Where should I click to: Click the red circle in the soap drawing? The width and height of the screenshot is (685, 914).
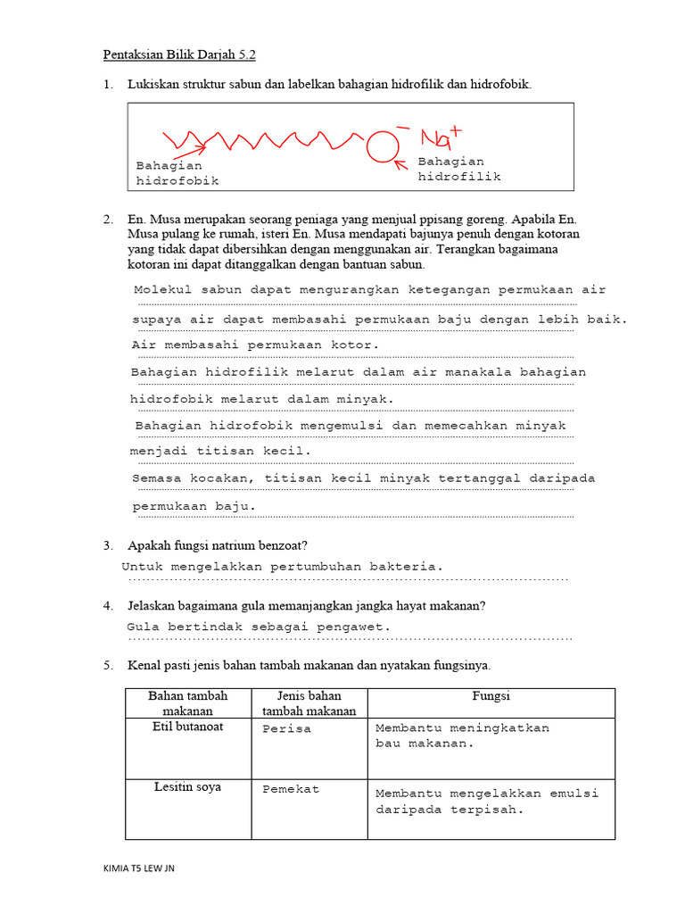tap(382, 146)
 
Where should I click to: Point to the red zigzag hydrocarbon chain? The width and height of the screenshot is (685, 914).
tap(268, 139)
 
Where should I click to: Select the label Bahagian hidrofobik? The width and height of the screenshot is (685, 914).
tap(177, 173)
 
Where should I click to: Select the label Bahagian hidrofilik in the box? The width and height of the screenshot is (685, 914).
tap(459, 169)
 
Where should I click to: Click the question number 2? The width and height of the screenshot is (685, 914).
tap(107, 219)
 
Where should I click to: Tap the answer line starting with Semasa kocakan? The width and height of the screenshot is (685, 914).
tap(363, 478)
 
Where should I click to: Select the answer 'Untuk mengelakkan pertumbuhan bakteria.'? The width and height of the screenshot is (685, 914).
tap(282, 567)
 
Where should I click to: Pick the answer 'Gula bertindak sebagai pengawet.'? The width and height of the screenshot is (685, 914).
tap(259, 627)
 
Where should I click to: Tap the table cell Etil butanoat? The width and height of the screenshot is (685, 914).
tap(187, 727)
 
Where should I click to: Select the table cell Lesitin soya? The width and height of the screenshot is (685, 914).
tap(187, 787)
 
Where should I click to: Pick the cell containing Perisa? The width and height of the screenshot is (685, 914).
tap(286, 728)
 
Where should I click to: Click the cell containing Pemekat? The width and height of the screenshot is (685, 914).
tap(290, 789)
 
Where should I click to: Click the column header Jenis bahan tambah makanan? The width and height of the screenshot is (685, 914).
tap(309, 703)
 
